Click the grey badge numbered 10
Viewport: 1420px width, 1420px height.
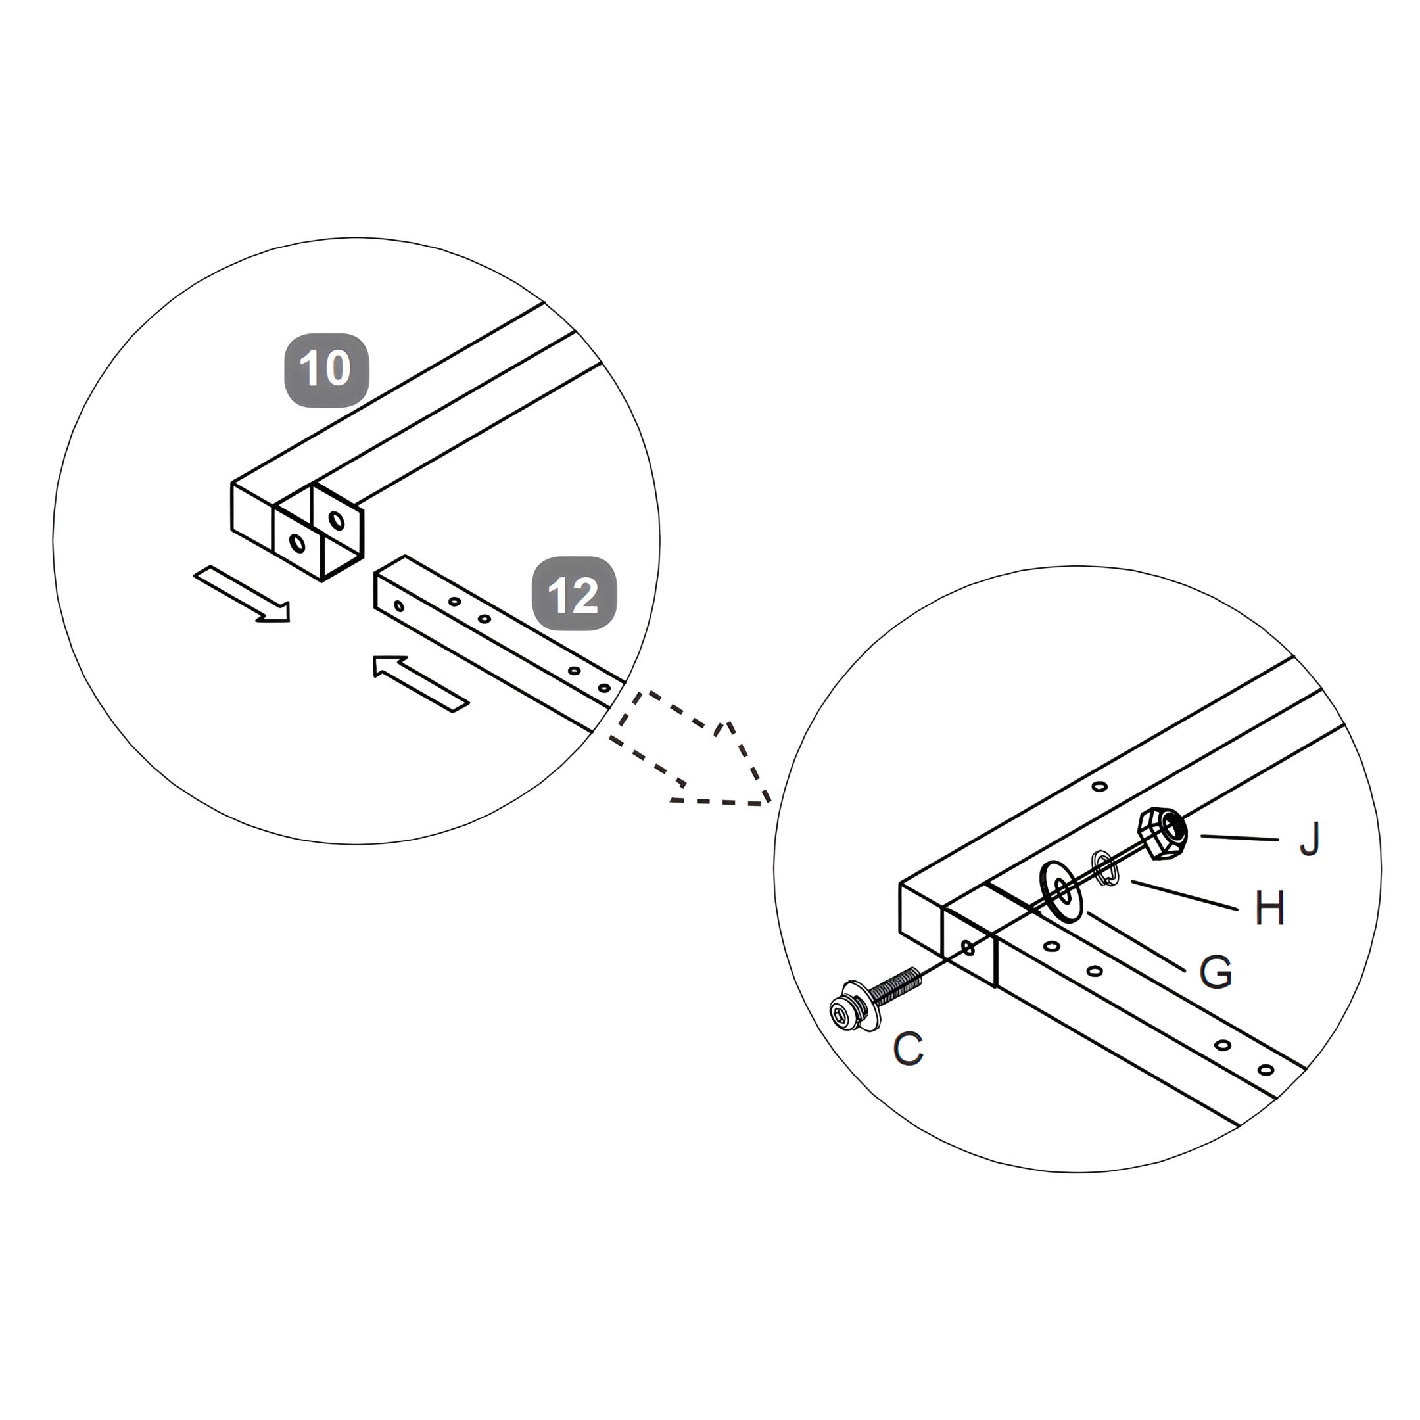pos(326,369)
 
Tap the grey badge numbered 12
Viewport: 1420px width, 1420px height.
pos(574,594)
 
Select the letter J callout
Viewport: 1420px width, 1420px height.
pos(1310,840)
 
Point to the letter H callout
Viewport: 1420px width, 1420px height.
pos(1269,908)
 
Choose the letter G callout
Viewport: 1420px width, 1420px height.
pos(1216,972)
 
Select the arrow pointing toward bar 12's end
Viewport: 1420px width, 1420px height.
pos(419,682)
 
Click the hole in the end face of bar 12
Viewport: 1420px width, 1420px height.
pos(399,606)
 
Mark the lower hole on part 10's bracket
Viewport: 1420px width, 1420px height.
pos(297,543)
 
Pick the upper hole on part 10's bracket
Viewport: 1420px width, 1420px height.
pos(337,521)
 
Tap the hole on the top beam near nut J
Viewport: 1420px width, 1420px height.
pos(1100,786)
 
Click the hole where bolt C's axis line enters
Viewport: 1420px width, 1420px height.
pos(968,948)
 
